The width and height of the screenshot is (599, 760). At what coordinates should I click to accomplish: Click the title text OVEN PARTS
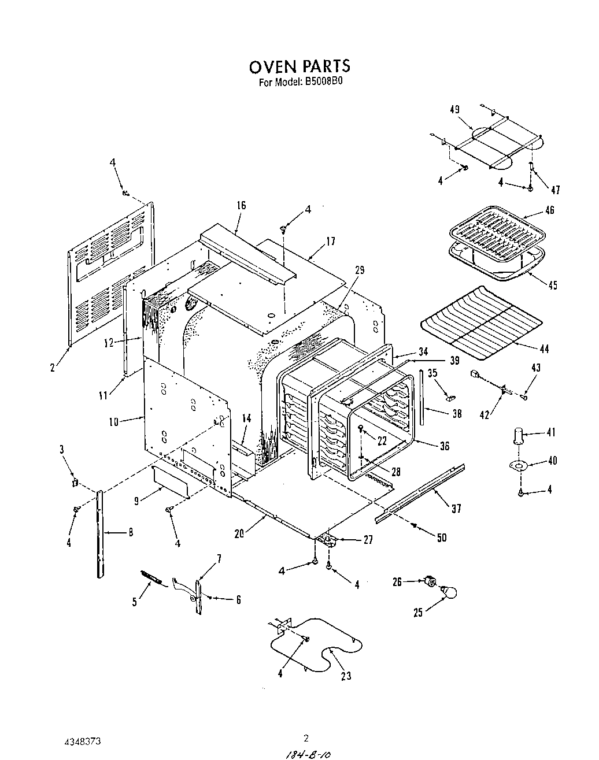tap(299, 66)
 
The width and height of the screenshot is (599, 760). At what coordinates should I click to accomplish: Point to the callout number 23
tap(346, 676)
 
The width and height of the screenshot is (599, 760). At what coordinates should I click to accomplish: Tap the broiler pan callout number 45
tap(553, 285)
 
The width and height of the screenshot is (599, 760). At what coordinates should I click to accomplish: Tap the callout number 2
tap(52, 366)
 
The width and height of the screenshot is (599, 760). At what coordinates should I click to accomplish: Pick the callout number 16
tap(241, 205)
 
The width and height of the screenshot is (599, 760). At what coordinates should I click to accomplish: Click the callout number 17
tap(330, 242)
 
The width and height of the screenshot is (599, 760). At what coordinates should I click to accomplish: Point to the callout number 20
tap(239, 533)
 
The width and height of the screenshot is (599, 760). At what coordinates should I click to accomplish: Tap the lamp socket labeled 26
tap(430, 581)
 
